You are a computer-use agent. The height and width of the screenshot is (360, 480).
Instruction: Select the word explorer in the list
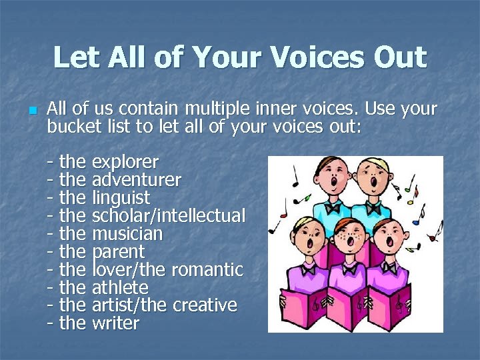coord(125,162)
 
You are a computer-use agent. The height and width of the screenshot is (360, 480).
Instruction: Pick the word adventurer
coord(136,180)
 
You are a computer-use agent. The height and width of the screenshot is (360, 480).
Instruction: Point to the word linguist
coord(121,198)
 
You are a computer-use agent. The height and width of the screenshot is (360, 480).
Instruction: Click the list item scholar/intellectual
coord(168,216)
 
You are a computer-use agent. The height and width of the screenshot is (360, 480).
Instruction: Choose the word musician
coord(127,234)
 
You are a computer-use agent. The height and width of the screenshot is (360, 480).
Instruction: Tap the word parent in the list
coord(117,252)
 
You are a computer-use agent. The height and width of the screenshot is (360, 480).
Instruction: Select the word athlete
coord(120,288)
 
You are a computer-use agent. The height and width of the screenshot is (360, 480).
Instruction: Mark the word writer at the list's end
coord(115,324)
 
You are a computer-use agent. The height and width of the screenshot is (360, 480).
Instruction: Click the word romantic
coord(208,270)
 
